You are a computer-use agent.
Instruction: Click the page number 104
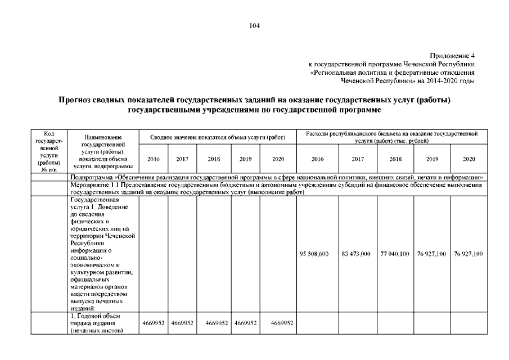254,25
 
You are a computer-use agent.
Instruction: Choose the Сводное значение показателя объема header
218,137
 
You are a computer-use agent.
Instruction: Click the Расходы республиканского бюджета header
391,137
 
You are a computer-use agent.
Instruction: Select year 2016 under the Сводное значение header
153,159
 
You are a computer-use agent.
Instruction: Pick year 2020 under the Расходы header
468,159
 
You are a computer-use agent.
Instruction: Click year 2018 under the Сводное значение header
214,159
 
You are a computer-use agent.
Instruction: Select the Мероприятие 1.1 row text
276,188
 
